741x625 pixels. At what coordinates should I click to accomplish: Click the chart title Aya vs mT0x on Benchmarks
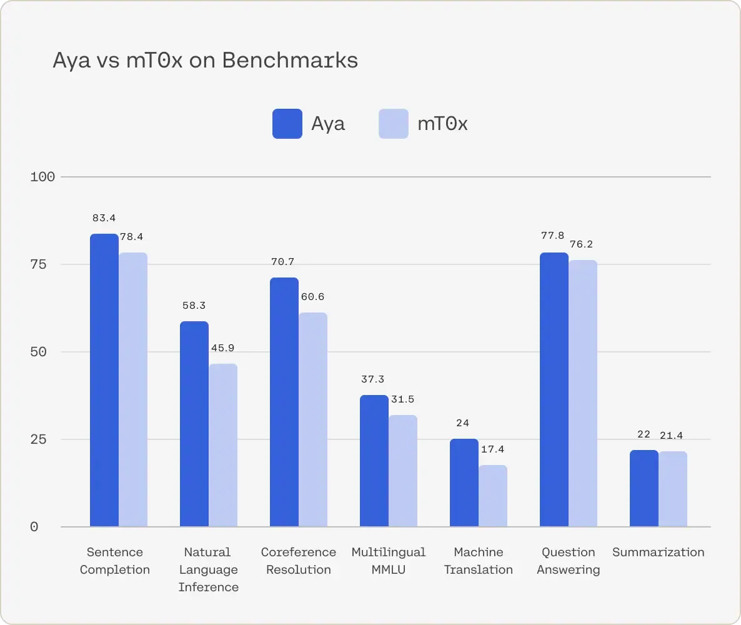(x=205, y=61)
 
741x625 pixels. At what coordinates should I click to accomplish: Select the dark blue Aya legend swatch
(x=287, y=123)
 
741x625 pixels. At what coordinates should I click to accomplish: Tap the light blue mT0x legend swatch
(x=394, y=123)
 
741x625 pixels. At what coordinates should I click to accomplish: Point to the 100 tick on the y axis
(x=42, y=177)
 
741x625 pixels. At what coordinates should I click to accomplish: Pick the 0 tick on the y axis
(x=34, y=527)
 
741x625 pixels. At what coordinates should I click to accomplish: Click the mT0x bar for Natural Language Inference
(x=223, y=445)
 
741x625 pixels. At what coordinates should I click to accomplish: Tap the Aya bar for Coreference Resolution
(x=284, y=402)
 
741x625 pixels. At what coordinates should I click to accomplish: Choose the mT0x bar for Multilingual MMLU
(x=403, y=471)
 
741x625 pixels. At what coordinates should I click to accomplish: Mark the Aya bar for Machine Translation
(x=464, y=482)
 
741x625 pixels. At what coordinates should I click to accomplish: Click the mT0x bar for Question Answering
(x=583, y=393)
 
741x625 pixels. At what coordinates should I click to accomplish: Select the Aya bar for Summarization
(x=644, y=488)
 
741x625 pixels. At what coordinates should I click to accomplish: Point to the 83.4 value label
(x=104, y=218)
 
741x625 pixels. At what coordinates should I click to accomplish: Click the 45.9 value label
(x=223, y=348)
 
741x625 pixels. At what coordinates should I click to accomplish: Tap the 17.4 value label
(x=493, y=449)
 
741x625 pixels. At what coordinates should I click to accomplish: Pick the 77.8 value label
(x=554, y=236)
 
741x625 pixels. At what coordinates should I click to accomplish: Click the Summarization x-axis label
(x=658, y=552)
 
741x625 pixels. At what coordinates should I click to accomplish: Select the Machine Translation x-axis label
(x=478, y=561)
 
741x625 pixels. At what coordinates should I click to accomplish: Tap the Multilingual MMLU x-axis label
(x=388, y=561)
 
